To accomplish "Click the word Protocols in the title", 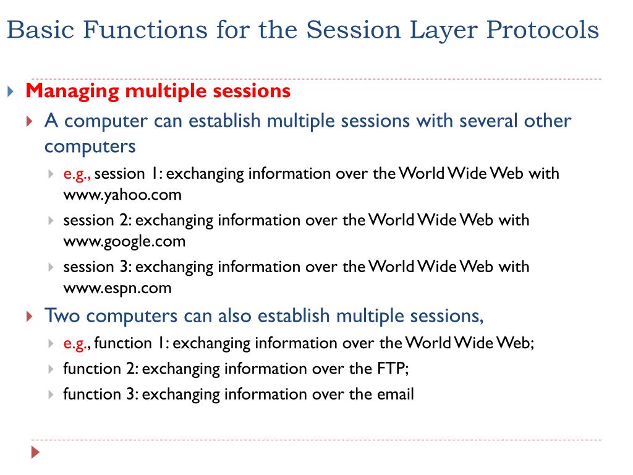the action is click(x=542, y=30).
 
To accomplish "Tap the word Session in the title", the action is click(x=354, y=30).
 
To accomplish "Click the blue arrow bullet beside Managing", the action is click(x=11, y=92).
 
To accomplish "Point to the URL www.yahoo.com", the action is click(x=122, y=195).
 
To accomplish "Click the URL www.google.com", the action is click(x=124, y=242).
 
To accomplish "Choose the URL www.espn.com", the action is click(x=117, y=288).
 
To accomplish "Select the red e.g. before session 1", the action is click(x=77, y=174).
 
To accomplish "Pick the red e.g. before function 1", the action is click(x=77, y=344).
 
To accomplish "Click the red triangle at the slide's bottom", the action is click(x=35, y=452).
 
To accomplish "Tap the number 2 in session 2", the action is click(x=124, y=220).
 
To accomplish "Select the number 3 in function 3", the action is click(x=130, y=394).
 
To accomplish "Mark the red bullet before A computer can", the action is click(x=29, y=121).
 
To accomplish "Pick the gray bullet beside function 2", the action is click(x=51, y=369).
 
